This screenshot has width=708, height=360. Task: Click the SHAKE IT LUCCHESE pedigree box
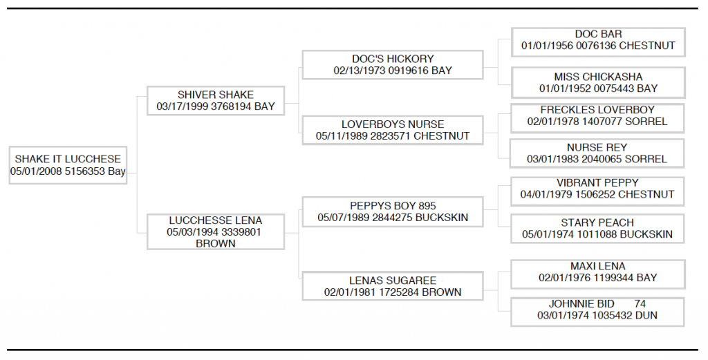(x=68, y=165)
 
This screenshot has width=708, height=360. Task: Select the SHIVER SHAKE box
(x=216, y=101)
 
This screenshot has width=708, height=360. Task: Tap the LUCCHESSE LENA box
(x=216, y=232)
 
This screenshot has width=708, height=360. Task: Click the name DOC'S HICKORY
(x=393, y=59)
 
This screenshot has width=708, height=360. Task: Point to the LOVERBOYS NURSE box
(x=393, y=131)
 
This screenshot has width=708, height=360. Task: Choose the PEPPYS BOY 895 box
(x=393, y=211)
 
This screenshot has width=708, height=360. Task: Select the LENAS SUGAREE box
(x=393, y=286)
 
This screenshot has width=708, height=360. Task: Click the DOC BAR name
(x=598, y=35)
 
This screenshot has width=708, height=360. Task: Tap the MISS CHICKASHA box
(x=598, y=82)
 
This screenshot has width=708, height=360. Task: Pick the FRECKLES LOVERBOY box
(x=597, y=118)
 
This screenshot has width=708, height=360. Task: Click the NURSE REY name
(x=597, y=147)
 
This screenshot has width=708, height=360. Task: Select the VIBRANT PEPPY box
(x=597, y=191)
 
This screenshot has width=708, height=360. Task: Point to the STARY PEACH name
(x=597, y=223)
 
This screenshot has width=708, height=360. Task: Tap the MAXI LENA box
(x=598, y=274)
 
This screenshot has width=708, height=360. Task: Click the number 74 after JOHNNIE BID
(x=640, y=304)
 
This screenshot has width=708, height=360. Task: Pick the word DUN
(x=646, y=315)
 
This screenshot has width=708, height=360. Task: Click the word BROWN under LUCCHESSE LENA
(x=216, y=244)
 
